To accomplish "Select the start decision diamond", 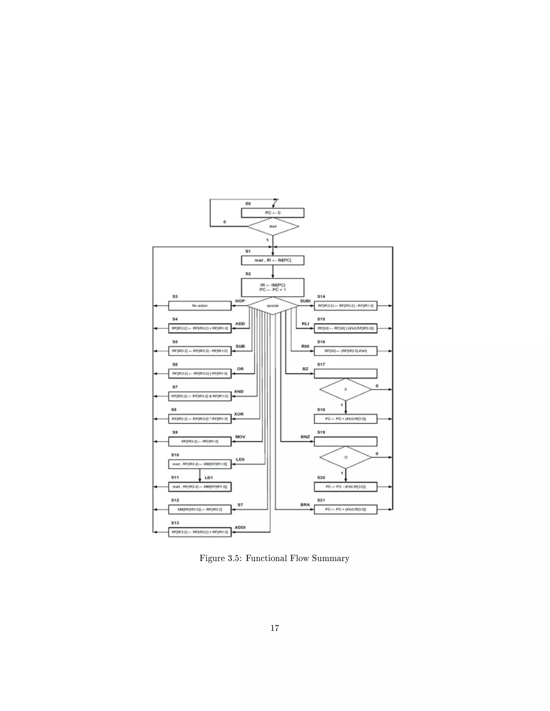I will pos(273,227).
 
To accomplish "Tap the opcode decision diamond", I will pos(273,306).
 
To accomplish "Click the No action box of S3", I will pos(200,306).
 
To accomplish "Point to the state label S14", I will pos(321,296).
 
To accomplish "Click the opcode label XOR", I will pos(239,414).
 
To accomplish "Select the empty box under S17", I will pos(345,373).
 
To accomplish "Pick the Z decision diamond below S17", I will pos(345,389).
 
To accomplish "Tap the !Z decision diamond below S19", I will pos(345,457).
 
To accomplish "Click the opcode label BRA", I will pos(305,505).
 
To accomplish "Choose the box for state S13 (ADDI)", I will pos(200,532).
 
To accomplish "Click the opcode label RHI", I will pos(305,346).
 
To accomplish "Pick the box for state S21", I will pos(345,510).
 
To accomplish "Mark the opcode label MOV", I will pos(240,437).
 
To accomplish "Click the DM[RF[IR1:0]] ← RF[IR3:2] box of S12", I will pos(200,510).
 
